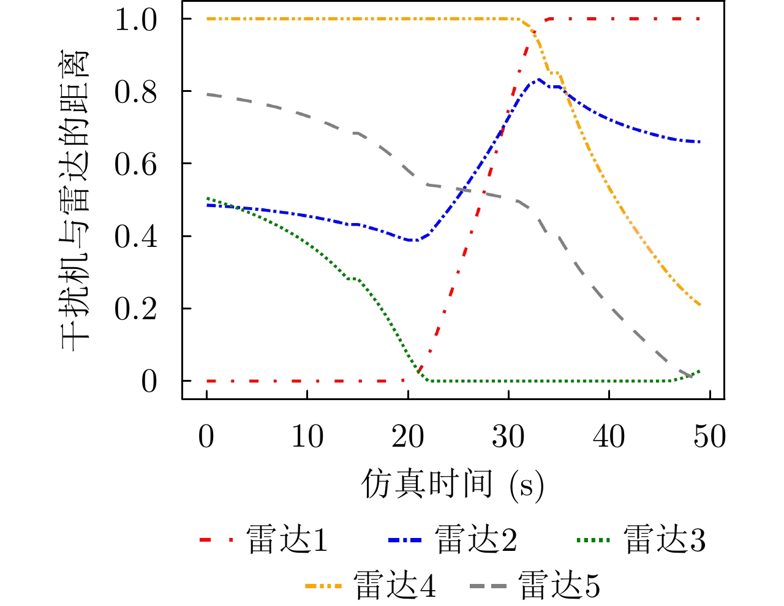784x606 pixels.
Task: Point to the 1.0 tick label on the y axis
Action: pos(135,20)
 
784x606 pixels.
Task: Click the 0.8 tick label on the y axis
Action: pos(135,92)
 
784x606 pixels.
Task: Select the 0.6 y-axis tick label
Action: pos(135,164)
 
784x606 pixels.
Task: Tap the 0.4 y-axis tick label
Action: pos(135,237)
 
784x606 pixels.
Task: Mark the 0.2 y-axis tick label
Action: pos(135,309)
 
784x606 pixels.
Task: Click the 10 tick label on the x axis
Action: pos(307,437)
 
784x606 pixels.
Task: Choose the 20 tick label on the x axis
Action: pos(407,437)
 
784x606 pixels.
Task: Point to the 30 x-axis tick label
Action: pos(508,437)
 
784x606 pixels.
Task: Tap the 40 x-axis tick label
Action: pos(609,437)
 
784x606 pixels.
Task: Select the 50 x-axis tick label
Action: pos(709,437)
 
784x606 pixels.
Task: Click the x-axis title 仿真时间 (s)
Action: pos(452,485)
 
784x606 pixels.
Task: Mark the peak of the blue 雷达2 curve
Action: pos(539,80)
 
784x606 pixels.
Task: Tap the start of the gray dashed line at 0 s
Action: pos(208,94)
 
